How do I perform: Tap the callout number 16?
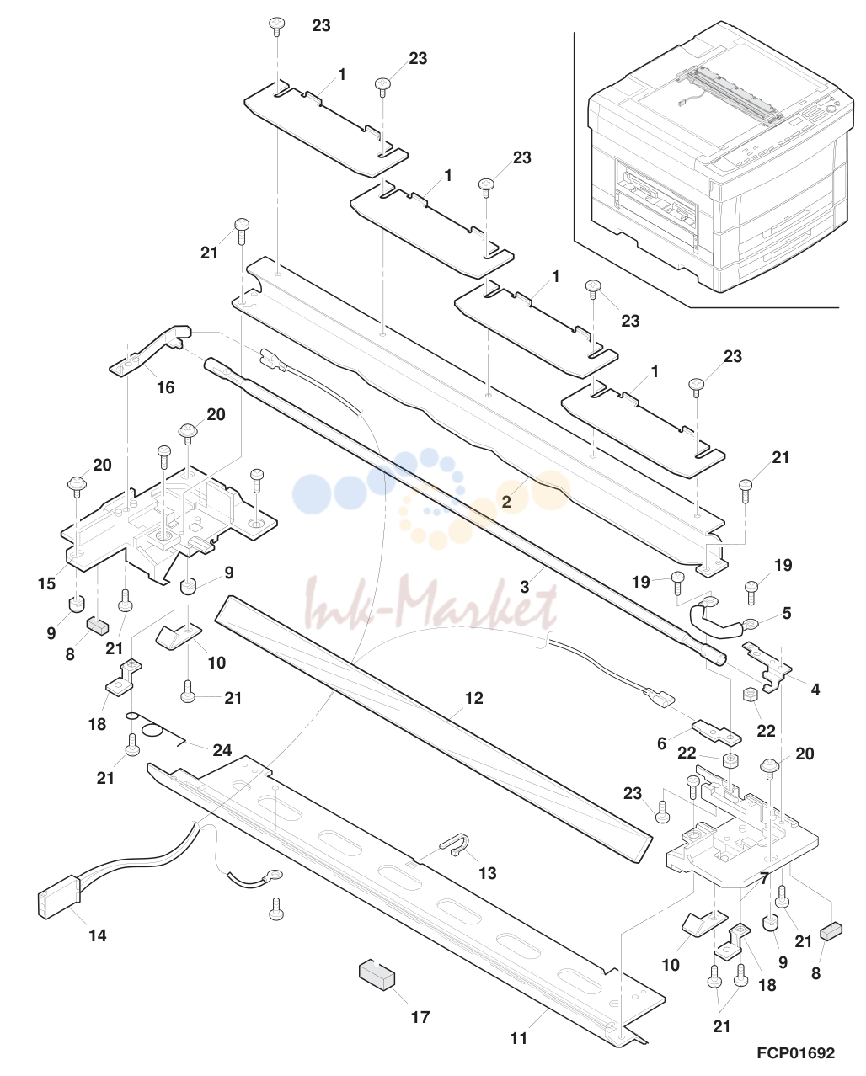166,387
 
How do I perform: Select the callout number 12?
473,698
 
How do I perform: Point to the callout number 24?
222,750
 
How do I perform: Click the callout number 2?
506,502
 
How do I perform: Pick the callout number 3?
524,587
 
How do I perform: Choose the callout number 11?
518,1038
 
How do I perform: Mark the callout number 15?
46,583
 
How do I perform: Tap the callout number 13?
487,873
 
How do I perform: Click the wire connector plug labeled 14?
59,898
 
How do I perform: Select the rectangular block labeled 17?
377,974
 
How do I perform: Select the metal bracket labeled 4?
767,667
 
